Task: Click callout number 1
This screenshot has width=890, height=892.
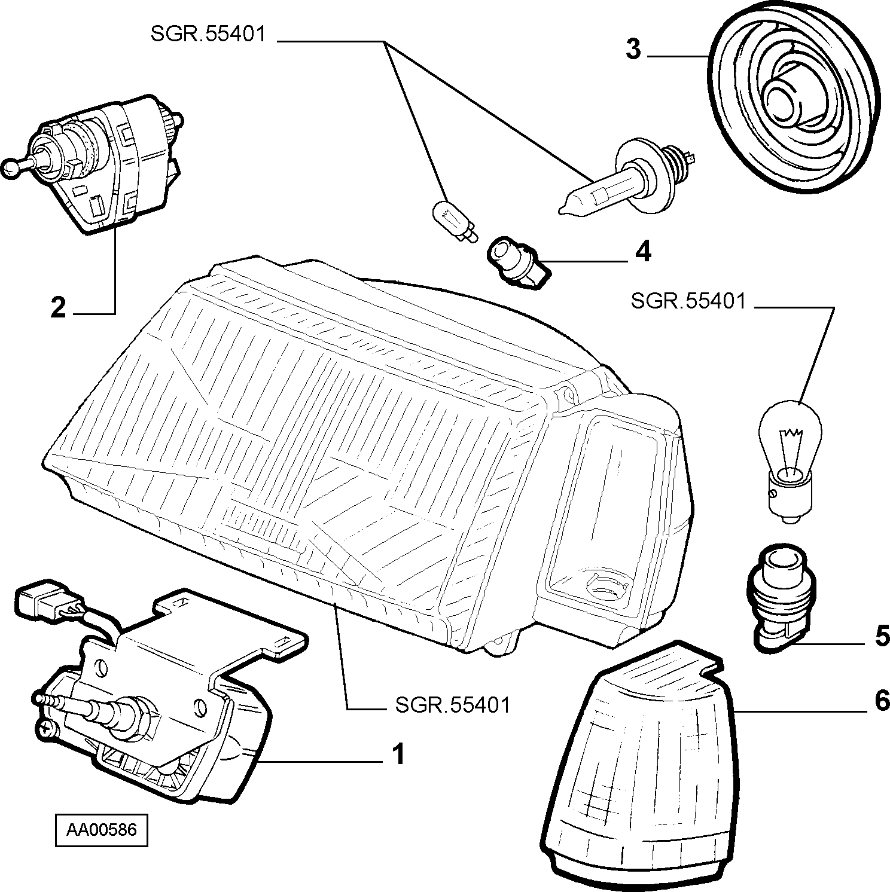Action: click(x=398, y=754)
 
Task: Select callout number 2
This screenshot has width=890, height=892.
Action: click(x=58, y=308)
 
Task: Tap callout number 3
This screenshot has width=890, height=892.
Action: click(x=633, y=50)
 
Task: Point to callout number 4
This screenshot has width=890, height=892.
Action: click(x=642, y=252)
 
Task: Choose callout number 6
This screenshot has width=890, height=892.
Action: click(x=882, y=701)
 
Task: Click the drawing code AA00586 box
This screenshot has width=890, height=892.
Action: click(x=101, y=830)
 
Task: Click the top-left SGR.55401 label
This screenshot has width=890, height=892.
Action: click(x=208, y=35)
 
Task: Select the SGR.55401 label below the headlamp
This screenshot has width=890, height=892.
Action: click(x=453, y=705)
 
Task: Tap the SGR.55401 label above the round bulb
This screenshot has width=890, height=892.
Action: click(x=688, y=301)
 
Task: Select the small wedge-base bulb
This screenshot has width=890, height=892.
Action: click(x=454, y=221)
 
